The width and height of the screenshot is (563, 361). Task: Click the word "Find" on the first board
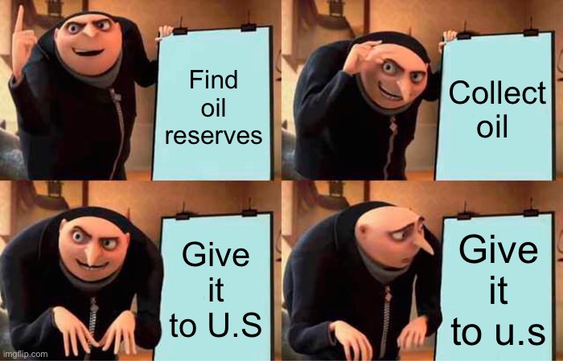pos(212,81)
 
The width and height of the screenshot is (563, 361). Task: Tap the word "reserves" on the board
pos(213,135)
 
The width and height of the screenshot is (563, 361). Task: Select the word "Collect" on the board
pos(497,93)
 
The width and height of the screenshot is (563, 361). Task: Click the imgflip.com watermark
pos(25,353)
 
